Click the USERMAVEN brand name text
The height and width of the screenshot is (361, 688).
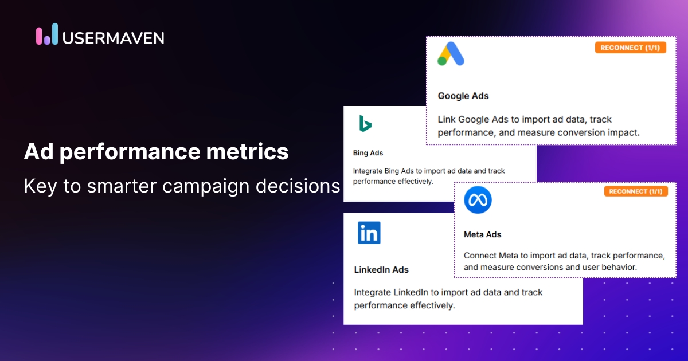113,38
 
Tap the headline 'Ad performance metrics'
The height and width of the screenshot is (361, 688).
156,152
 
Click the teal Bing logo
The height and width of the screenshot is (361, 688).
365,123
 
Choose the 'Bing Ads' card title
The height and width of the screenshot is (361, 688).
368,153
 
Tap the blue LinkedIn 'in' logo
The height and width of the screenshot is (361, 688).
369,233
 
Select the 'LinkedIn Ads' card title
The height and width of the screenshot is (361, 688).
381,269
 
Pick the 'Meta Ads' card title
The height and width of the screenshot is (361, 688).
482,234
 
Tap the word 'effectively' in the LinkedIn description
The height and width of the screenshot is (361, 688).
431,305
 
